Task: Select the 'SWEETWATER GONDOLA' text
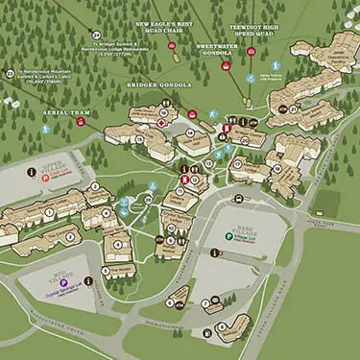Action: pos(220,49)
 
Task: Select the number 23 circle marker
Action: pos(11,73)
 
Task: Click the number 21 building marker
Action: pos(294,109)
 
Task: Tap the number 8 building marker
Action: pos(222,326)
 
